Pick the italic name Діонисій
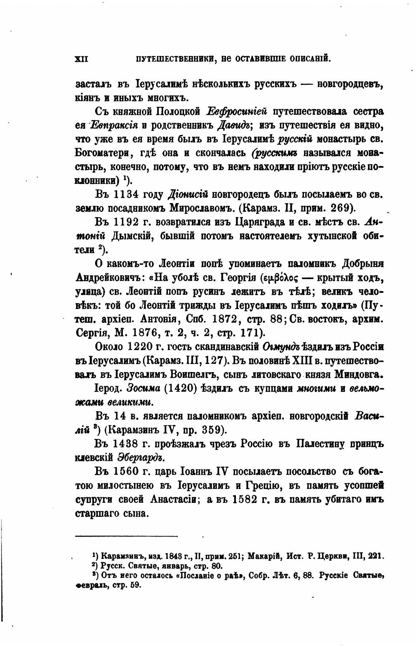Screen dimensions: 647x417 [x=187, y=194]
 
